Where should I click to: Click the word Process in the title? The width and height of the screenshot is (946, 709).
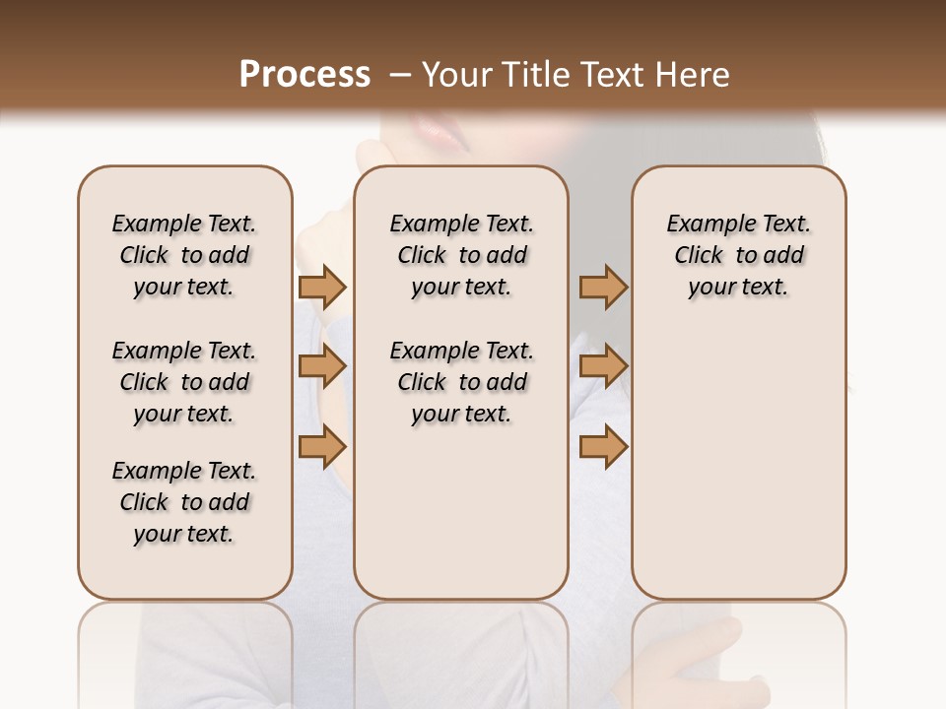pyautogui.click(x=304, y=75)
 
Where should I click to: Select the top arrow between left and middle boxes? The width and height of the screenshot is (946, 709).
pyautogui.click(x=322, y=287)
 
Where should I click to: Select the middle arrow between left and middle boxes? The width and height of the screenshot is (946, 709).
pyautogui.click(x=322, y=366)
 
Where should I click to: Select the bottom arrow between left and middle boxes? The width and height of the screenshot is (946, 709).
pyautogui.click(x=322, y=447)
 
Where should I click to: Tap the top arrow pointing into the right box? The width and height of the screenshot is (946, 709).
pyautogui.click(x=603, y=287)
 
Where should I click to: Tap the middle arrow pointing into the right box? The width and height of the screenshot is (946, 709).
pyautogui.click(x=603, y=366)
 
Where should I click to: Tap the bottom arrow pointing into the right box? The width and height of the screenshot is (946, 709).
pyautogui.click(x=603, y=447)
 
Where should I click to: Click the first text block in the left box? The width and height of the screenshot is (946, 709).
pyautogui.click(x=184, y=255)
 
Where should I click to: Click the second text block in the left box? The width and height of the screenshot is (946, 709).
pyautogui.click(x=184, y=382)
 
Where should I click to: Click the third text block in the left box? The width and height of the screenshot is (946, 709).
pyautogui.click(x=184, y=502)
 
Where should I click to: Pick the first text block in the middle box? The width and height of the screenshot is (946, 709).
pyautogui.click(x=462, y=255)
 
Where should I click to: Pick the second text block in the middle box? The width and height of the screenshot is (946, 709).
pyautogui.click(x=462, y=382)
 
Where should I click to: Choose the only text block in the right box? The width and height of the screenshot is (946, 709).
pyautogui.click(x=739, y=255)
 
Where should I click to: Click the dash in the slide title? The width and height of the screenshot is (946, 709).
pyautogui.click(x=399, y=75)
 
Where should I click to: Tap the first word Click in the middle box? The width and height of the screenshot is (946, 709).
pyautogui.click(x=422, y=256)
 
